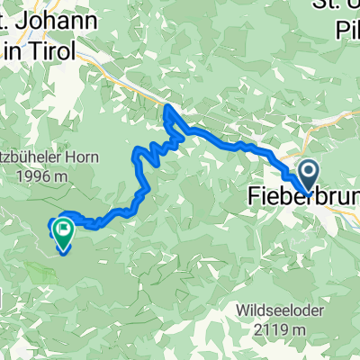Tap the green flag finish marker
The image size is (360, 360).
coord(64,232)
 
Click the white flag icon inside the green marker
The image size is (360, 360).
coord(64,230)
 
